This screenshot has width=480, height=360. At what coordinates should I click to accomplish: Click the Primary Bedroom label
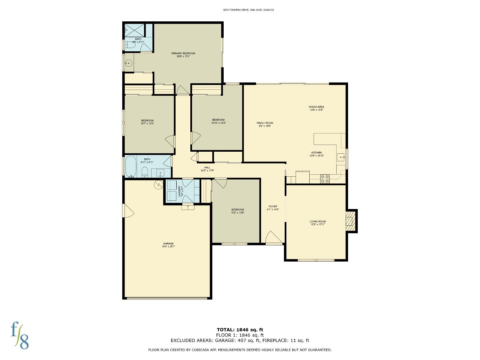[183, 55]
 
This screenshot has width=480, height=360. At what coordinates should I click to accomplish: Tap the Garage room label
[168, 245]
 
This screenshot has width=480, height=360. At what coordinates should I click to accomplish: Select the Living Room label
[318, 223]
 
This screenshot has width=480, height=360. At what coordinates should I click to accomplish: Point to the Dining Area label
[316, 108]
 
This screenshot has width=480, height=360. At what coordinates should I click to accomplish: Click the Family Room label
[265, 124]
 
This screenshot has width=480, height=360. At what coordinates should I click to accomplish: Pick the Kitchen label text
[316, 154]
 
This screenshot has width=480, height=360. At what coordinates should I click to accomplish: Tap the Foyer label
[273, 208]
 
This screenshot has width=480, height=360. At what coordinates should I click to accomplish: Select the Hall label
[207, 169]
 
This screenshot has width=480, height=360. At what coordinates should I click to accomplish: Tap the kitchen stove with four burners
[325, 179]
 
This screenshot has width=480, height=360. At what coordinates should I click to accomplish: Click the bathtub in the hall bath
[131, 166]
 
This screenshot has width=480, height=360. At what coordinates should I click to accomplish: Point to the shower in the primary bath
[135, 30]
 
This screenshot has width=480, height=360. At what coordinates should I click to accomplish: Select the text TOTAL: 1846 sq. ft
[240, 330]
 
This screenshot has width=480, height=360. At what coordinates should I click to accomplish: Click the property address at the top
[248, 10]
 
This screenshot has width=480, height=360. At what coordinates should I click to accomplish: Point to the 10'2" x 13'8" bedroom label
[237, 211]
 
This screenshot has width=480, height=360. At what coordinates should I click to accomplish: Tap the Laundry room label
[180, 191]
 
